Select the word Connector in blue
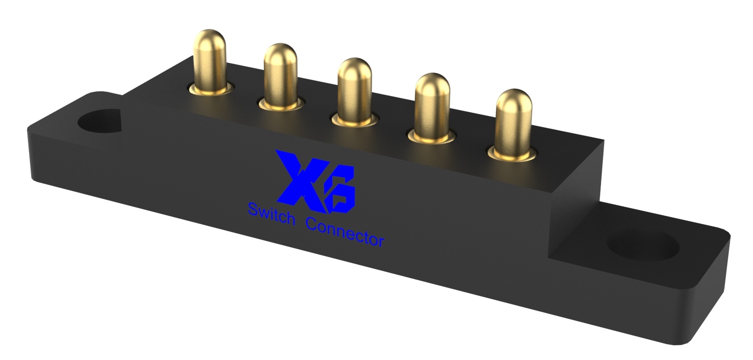[x=345, y=232]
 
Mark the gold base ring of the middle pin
[x=355, y=121]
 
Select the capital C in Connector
[x=312, y=224]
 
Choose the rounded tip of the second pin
[x=281, y=52]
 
